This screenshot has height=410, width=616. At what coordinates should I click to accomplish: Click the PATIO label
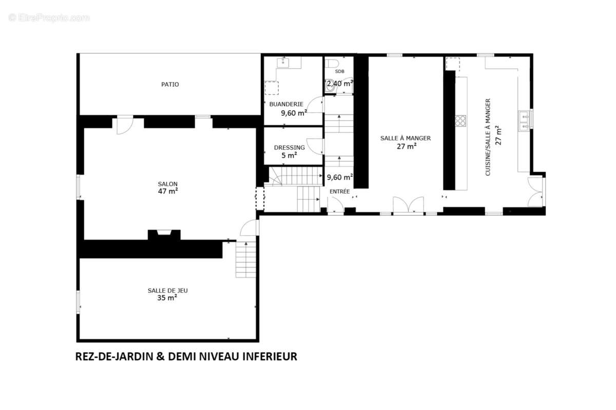click(x=170, y=85)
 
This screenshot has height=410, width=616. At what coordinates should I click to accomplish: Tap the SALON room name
click(x=168, y=184)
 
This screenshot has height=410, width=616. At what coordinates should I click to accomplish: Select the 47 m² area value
click(x=168, y=192)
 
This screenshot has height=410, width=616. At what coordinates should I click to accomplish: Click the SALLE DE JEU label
click(x=167, y=290)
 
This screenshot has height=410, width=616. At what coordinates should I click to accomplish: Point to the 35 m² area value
click(x=167, y=297)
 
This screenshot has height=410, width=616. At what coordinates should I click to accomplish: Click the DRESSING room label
click(x=290, y=148)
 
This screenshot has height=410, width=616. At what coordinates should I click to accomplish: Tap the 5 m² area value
click(x=290, y=155)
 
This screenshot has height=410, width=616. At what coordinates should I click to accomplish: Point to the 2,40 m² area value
click(x=340, y=83)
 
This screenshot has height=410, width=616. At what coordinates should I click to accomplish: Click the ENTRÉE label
click(x=340, y=192)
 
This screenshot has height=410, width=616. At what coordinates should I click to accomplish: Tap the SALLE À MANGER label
click(x=406, y=138)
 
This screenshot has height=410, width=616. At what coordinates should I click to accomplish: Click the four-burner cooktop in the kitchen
click(x=460, y=120)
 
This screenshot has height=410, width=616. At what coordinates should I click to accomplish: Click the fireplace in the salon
click(x=164, y=234)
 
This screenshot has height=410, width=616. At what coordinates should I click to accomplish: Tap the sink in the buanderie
click(x=283, y=63)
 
